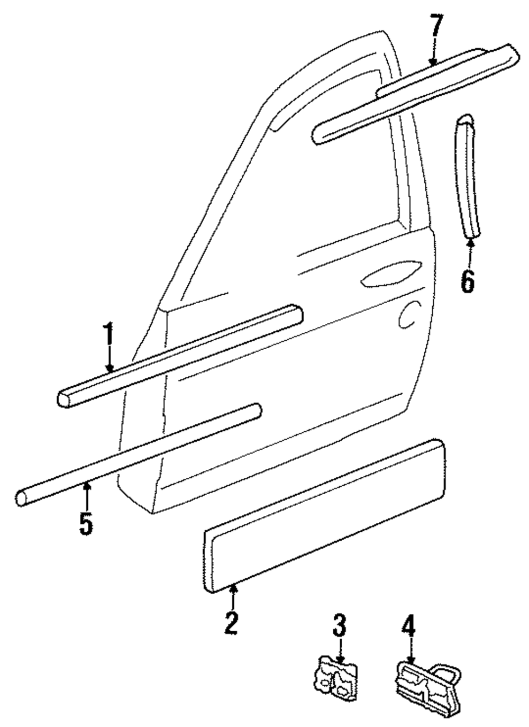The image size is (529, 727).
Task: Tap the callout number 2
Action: pos(231,623)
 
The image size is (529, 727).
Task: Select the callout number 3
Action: pos(339,626)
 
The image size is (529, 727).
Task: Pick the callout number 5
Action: pos(86,523)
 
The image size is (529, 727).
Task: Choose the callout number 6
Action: pos(468,280)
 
